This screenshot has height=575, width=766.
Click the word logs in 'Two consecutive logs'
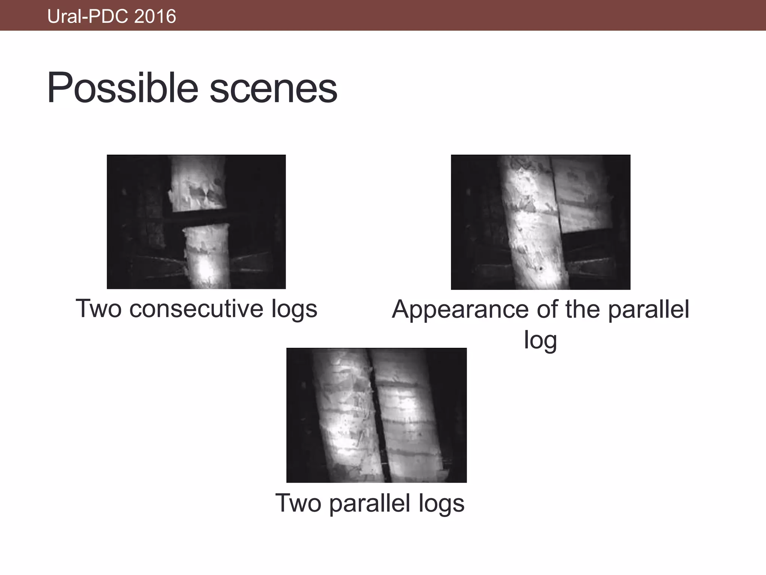[294, 309]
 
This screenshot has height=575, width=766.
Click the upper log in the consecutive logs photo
[197, 183]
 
